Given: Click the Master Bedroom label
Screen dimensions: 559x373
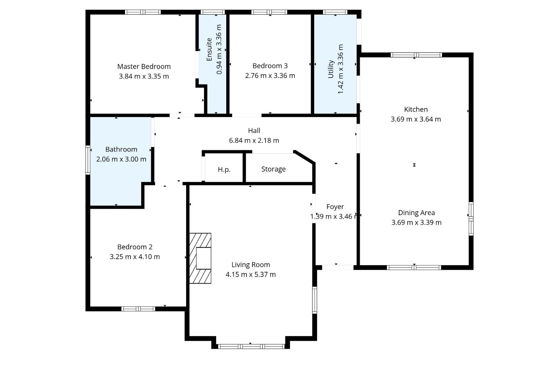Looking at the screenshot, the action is [x=144, y=67].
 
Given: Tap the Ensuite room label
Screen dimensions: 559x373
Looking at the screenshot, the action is [x=209, y=49].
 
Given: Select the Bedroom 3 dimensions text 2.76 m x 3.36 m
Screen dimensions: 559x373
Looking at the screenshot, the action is [x=270, y=76].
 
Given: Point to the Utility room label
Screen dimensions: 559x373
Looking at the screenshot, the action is [x=331, y=69].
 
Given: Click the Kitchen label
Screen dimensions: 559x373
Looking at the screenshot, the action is [x=416, y=109].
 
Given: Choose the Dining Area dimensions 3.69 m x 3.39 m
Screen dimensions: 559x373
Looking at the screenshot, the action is [x=416, y=222].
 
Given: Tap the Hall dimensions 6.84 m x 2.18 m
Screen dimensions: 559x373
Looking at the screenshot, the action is [x=254, y=141].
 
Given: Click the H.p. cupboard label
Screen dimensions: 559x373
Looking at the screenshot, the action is [x=224, y=170].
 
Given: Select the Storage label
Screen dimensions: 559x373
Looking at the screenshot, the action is [x=273, y=169].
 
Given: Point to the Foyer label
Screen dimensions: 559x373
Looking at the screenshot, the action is [x=335, y=207].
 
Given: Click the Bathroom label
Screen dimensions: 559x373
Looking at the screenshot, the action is [x=121, y=149].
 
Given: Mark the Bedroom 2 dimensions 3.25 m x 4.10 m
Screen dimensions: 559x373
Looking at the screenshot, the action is [x=135, y=257].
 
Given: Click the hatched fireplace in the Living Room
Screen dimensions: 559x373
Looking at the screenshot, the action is [x=200, y=258].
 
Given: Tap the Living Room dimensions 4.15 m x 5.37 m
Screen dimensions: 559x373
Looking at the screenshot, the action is [x=251, y=275].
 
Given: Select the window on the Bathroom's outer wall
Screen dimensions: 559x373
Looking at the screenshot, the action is [x=88, y=160].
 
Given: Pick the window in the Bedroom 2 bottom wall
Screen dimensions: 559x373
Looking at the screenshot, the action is [x=138, y=309].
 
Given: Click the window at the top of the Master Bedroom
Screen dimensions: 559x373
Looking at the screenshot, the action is [x=143, y=12].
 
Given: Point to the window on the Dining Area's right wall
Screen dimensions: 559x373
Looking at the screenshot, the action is [x=471, y=219].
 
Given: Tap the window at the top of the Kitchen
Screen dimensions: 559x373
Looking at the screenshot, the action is [x=416, y=55].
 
